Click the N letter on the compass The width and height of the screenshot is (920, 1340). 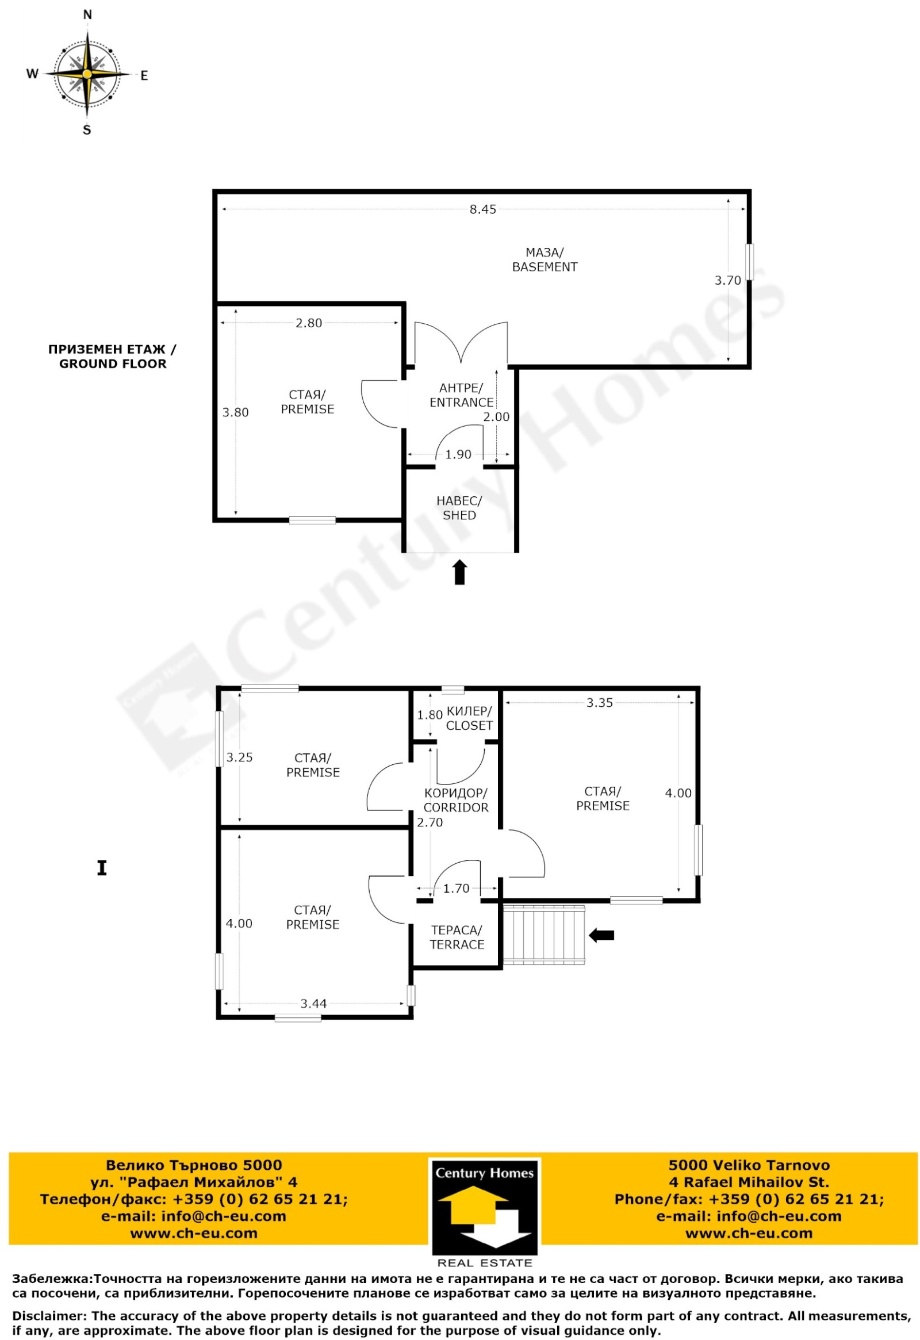coord(87,15)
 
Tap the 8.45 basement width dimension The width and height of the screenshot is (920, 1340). coord(482,209)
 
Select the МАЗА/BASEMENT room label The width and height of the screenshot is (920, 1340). coord(544,259)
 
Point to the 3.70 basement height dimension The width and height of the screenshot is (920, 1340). coord(727,280)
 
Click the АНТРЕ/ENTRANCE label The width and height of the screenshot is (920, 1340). coord(461,395)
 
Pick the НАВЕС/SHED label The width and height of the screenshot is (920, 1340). coord(459,508)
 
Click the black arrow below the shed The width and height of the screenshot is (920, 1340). coord(459,572)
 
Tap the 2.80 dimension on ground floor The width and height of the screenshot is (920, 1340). coord(308,323)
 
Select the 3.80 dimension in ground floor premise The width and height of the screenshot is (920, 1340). coord(235,412)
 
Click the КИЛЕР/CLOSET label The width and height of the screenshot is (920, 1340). coord(469,718)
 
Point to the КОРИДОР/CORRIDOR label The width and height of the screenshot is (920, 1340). coord(456,801)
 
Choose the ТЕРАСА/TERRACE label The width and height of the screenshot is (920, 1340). coord(457,937)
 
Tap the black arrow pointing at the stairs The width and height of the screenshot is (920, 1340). coord(601,935)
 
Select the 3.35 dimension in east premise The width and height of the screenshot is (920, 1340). coord(600,702)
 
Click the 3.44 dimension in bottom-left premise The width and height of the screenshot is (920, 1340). coord(313,1004)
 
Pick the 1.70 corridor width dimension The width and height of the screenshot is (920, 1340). coord(456,889)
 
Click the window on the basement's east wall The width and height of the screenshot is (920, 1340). coord(750,262)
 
